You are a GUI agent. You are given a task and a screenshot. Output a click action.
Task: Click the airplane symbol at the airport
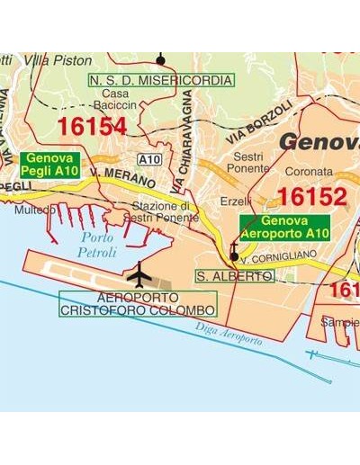coord(140,272)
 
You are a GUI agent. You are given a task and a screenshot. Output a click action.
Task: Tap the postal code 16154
coord(93,127)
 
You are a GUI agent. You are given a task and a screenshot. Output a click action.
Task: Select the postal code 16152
coord(311,197)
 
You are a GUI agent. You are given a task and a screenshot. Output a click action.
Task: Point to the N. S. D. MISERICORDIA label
coord(160,80)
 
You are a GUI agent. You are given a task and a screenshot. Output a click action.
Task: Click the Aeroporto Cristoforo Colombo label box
coord(137,304)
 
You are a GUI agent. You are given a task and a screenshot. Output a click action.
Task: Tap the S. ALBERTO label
coord(234,276)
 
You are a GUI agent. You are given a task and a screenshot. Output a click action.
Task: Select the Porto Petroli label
coord(96,245)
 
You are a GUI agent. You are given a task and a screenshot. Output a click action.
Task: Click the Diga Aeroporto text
coord(229,334)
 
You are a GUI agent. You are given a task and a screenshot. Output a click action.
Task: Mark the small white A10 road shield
coord(150,159)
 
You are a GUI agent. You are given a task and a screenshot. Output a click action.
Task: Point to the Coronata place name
coord(309,171)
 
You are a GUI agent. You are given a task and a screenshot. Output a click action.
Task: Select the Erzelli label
coord(236,201)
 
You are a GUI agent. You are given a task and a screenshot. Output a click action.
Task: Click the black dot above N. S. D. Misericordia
coord(161,60)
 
